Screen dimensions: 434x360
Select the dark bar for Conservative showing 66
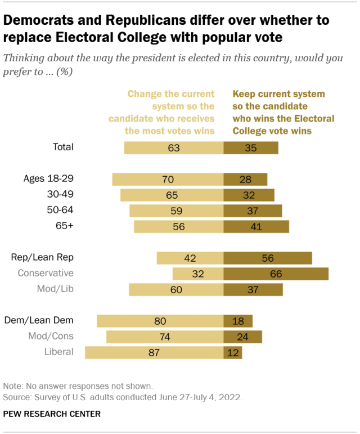pyautogui.click(x=276, y=274)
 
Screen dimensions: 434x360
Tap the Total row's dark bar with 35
pyautogui.click(x=250, y=147)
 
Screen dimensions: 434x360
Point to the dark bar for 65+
pyautogui.click(x=256, y=226)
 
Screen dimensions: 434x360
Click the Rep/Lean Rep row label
pyautogui.click(x=43, y=258)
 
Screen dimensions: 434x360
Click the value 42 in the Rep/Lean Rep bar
pyautogui.click(x=190, y=258)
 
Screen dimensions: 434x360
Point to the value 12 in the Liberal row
pyautogui.click(x=233, y=352)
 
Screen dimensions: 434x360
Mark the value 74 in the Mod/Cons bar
pyautogui.click(x=165, y=337)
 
